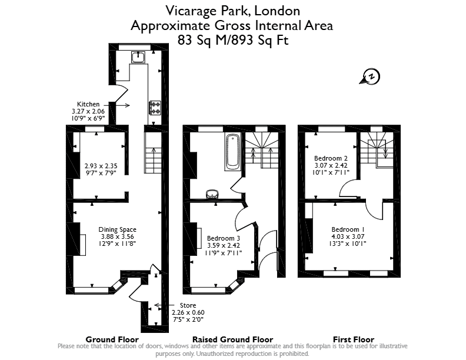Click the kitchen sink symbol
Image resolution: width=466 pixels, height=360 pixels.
pos(138,57)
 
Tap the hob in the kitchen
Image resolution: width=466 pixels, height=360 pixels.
pos(155,108)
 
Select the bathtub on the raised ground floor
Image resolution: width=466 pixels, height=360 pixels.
pos(232,152)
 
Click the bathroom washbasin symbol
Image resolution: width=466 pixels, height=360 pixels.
pos(212,194)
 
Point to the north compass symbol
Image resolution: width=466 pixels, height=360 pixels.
pos(370,77)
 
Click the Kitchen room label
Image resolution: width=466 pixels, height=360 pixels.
pos(88,104)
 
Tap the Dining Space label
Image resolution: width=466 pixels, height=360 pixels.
pos(118,229)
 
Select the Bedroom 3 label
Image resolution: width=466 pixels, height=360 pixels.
pos(224,238)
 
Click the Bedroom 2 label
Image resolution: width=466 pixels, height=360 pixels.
pos(331,158)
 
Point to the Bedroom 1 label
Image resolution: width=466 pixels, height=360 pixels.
pos(348,229)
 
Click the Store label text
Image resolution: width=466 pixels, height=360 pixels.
pos(188,305)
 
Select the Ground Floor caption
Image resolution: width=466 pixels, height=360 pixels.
pos(112,339)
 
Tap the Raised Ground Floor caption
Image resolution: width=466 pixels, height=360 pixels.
pos(232,339)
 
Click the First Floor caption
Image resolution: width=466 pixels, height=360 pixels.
pos(354,339)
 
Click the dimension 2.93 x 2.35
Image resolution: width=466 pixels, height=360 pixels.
pos(101,166)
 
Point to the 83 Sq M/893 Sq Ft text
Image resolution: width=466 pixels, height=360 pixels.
pos(233,40)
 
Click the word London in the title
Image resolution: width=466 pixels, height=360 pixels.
pos(277,11)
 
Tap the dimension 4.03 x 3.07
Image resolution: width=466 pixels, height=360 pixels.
pos(348,236)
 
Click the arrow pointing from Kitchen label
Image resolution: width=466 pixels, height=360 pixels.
pos(123,105)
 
